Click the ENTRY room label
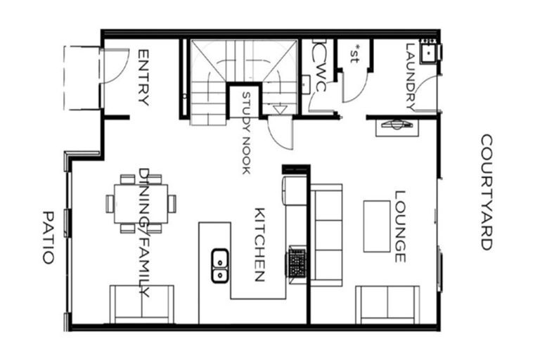143,77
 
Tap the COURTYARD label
486,192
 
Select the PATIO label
48,237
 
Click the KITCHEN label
258,245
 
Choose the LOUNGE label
399,226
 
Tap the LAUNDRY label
411,77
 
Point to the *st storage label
354,54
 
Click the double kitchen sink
220,265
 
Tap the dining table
141,203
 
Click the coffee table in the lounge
376,226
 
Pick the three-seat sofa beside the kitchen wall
326,234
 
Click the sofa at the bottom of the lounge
387,304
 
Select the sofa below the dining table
141,304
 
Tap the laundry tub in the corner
427,51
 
